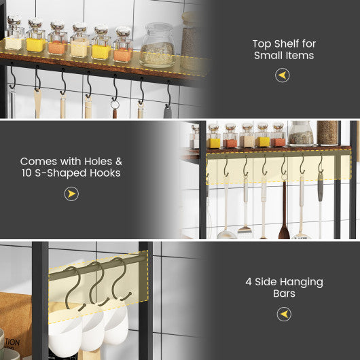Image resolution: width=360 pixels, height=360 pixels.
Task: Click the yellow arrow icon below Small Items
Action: pyautogui.click(x=283, y=75)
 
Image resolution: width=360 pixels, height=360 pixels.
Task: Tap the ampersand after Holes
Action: pyautogui.click(x=118, y=162)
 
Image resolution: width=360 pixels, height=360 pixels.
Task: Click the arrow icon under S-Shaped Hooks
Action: pyautogui.click(x=71, y=194)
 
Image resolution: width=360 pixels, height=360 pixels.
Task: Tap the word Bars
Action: pyautogui.click(x=284, y=293)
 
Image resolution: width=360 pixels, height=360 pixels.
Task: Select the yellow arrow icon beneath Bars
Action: pyautogui.click(x=284, y=314)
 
